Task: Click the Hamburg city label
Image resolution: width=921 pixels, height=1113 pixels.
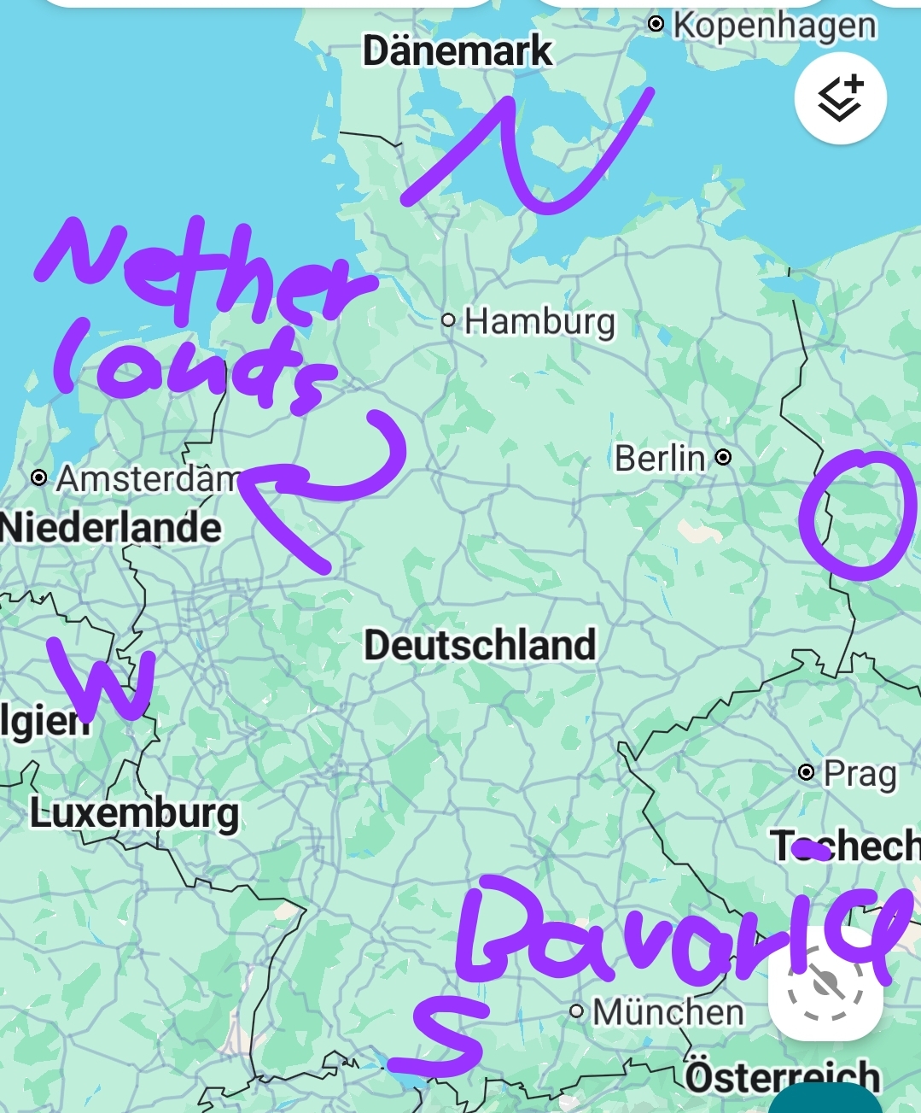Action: click(x=539, y=322)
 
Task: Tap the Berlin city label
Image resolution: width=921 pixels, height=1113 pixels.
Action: click(x=660, y=459)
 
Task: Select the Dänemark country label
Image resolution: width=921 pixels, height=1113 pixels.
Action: click(x=458, y=51)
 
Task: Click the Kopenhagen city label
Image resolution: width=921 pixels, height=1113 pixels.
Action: click(x=773, y=26)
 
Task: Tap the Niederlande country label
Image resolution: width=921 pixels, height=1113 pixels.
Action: click(x=111, y=527)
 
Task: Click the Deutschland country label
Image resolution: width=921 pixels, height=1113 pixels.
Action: click(x=480, y=645)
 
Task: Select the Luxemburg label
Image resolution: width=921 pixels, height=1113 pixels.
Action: click(x=134, y=813)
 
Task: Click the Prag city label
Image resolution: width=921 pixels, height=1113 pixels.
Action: click(x=860, y=775)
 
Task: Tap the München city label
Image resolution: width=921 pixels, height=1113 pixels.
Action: click(x=668, y=1013)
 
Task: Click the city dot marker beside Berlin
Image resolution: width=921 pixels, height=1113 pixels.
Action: click(x=723, y=457)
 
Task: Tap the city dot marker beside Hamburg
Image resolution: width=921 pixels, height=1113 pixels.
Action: click(x=448, y=320)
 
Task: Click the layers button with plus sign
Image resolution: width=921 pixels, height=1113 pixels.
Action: click(x=841, y=98)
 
